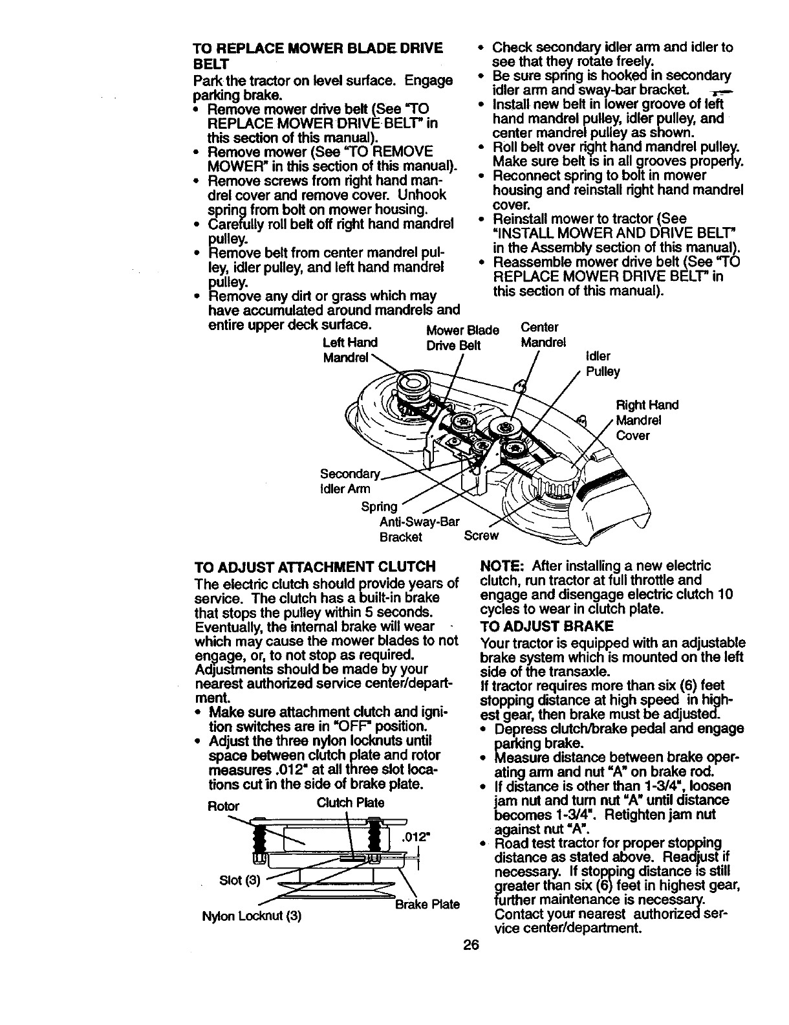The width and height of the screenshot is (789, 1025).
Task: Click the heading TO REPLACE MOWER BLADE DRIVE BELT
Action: tap(318, 56)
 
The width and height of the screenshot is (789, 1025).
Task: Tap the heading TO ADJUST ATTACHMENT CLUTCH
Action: tap(314, 567)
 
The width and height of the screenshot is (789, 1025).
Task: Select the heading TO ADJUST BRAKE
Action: tap(546, 626)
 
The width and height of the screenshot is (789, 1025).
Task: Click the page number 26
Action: tap(471, 945)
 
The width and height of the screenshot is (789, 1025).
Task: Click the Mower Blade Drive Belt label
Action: tap(462, 337)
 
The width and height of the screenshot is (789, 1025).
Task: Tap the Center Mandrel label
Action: tap(543, 334)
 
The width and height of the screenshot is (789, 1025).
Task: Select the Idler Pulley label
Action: tap(602, 364)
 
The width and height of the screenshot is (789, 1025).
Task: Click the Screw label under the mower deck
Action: tap(482, 535)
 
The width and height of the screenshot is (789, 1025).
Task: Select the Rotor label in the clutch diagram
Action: tap(223, 806)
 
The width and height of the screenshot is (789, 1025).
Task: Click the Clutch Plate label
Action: tap(351, 802)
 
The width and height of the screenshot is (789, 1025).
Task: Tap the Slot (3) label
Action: tap(239, 880)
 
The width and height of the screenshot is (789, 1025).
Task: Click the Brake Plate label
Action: tap(427, 904)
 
